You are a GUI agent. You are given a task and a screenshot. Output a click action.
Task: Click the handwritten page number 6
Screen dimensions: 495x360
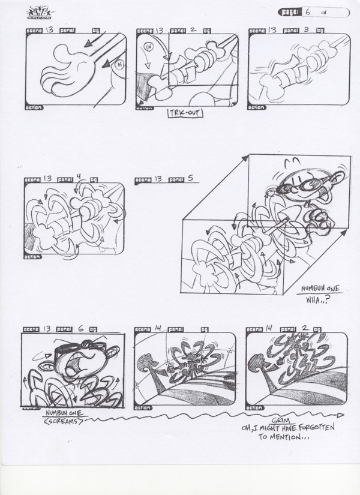pos(308,11)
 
